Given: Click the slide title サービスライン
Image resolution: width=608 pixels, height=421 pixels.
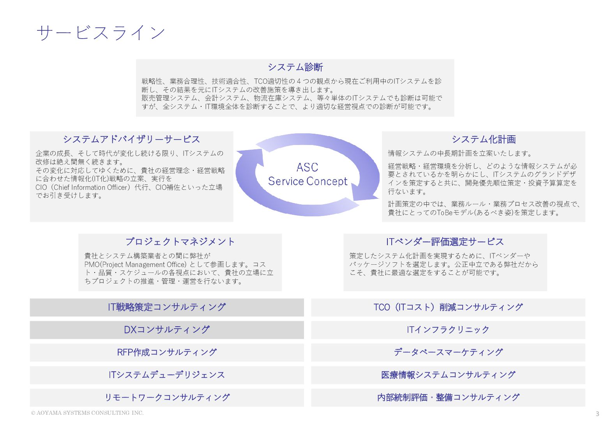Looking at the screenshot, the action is coord(101,33).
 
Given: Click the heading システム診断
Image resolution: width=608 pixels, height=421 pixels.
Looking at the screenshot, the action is coord(295,67).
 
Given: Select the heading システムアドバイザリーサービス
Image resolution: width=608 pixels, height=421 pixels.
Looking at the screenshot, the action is coord(131,140).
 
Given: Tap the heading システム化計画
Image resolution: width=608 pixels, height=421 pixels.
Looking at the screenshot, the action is coord(483,140).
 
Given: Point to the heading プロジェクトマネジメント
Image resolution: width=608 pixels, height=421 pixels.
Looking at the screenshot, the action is coord(180,242).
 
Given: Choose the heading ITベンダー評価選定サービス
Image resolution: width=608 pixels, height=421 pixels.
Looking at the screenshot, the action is coord(445,242).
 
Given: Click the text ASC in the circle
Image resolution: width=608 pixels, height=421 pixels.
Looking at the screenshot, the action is coord(307,168).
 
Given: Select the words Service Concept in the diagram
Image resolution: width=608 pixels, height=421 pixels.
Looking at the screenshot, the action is coord(308,181).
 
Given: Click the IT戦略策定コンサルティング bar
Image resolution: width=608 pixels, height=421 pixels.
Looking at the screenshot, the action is coord(167,307).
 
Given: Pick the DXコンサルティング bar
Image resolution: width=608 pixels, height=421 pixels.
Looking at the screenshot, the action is coord(167,330).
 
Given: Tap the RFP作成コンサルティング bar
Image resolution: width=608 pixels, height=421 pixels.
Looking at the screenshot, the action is coord(167,352).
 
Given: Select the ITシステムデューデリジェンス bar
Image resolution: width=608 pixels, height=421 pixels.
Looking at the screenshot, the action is coord(167,375).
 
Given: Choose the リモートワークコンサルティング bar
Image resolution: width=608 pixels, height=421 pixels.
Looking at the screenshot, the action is coord(167,398).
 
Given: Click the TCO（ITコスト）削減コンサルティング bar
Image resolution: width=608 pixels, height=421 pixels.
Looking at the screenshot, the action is coord(448,307).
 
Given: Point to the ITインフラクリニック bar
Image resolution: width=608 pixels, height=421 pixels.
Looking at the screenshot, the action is coord(448,330).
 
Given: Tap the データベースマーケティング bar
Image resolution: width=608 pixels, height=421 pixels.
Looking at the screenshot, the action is coord(448,352).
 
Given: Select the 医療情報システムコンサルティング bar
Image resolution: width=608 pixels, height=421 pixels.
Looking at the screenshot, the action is coord(448,375).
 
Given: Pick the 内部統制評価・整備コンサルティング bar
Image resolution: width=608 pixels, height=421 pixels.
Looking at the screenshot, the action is coord(448,398).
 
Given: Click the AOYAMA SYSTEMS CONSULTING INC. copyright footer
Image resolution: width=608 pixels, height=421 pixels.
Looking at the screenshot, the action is coord(87,413).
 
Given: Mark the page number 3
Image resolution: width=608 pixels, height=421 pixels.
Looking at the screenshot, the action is coord(597,414).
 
